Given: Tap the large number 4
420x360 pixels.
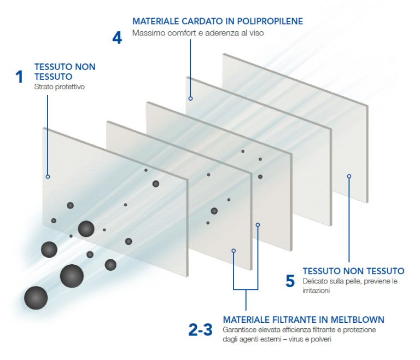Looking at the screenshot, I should click(x=117, y=37).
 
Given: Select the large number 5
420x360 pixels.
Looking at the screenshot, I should click(x=290, y=281).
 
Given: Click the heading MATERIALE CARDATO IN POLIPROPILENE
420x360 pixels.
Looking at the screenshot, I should click(x=218, y=21).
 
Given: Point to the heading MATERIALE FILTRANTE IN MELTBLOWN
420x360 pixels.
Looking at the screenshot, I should click(x=304, y=320).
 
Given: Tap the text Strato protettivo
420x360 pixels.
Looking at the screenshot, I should click(x=60, y=87).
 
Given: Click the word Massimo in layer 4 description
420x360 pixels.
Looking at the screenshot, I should click(x=147, y=33).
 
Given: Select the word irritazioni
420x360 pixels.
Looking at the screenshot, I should click(x=316, y=291).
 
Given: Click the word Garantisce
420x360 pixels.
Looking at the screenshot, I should click(x=241, y=330).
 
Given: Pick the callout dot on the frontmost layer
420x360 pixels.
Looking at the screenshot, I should click(x=48, y=177).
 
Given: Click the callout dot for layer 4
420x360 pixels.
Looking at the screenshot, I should click(x=191, y=98).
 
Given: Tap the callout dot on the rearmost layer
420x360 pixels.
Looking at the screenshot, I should click(x=349, y=176).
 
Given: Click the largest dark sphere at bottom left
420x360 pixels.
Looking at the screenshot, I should click(x=36, y=298).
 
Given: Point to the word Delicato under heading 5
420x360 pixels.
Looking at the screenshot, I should click(x=316, y=281).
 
